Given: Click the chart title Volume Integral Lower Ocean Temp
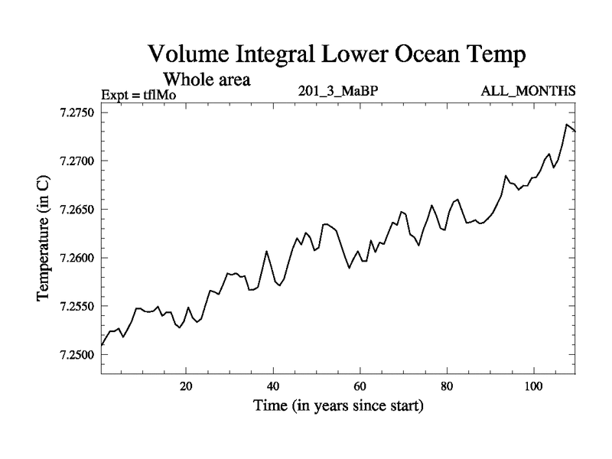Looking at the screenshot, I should pos(337,55).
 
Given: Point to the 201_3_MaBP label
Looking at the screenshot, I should pos(339,92).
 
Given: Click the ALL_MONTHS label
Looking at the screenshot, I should pos(528,92).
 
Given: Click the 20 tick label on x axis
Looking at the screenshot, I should pos(186,386).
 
